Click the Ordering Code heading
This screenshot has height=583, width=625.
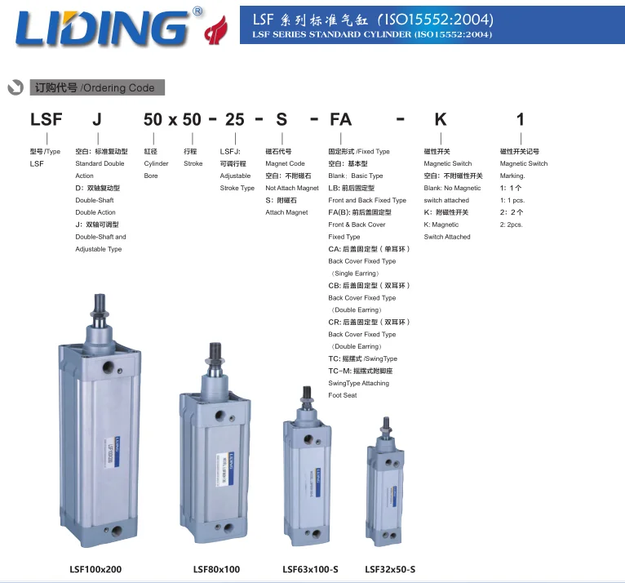tap(97, 87)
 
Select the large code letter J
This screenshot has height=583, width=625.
tap(98, 119)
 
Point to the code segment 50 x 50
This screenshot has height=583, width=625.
tap(172, 119)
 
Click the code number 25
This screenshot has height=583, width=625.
tap(234, 119)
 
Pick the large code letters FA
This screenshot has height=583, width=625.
tap(340, 119)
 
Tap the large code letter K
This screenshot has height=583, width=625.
tap(441, 119)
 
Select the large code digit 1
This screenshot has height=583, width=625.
tap(521, 119)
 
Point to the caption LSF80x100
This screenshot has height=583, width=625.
tap(216, 569)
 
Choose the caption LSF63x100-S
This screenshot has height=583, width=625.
tap(310, 569)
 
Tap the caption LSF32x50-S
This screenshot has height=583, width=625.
tap(390, 569)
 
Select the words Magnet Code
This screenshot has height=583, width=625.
tap(285, 163)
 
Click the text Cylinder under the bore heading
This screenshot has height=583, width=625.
tap(156, 163)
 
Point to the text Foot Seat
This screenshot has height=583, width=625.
tap(343, 395)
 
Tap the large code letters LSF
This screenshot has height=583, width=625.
tap(46, 119)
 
